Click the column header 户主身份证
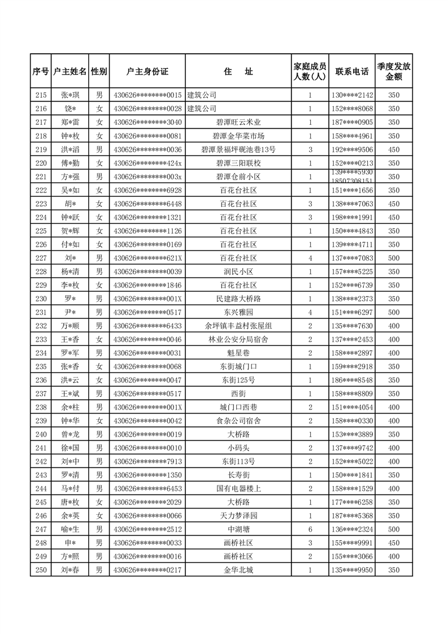pos(147,72)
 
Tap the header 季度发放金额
pos(394,72)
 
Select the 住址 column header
pos(238,72)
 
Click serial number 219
pos(41,150)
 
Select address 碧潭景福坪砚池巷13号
pos(238,150)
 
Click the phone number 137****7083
pos(353,258)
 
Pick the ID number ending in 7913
pos(147,462)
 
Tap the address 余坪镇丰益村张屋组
pos(238,326)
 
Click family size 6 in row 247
pos(310,529)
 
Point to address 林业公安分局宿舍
pos(238,340)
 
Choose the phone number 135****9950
pos(353,570)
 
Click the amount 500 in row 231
pos(394,312)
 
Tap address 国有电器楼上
pos(238,489)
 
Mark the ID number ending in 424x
pos(147,163)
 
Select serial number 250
pos(41,570)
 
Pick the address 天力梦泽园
pos(238,516)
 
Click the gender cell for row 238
pos(99,407)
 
